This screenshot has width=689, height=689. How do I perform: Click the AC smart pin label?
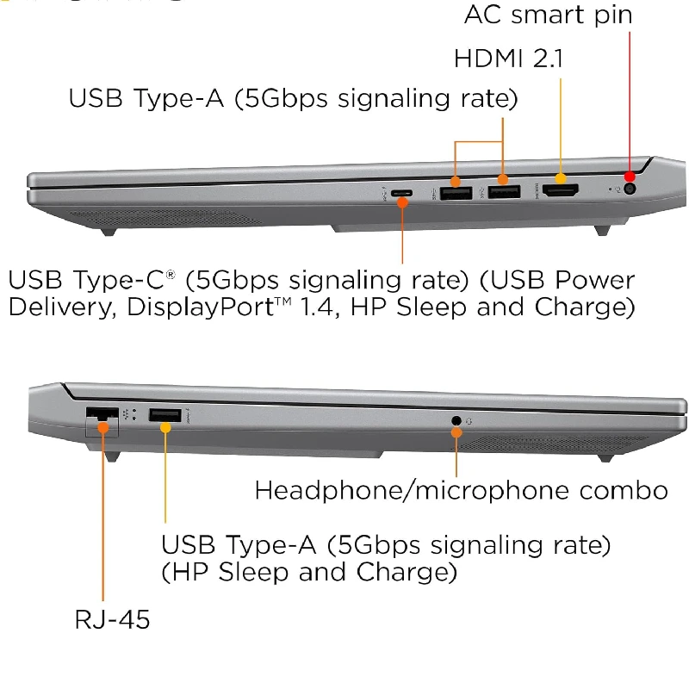548,15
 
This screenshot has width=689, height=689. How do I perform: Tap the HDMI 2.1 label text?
509,59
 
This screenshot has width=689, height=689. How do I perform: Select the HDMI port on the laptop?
560,191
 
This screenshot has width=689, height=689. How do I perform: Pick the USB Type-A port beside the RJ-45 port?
164,417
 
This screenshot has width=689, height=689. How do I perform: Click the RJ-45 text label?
112,618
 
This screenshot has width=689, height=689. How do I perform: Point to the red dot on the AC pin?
630,177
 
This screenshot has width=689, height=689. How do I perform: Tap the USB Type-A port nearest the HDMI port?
504,191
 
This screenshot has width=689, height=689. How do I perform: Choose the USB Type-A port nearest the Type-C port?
455,191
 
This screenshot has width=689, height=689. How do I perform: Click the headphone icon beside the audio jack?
470,421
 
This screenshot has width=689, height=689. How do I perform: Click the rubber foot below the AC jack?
603,230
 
